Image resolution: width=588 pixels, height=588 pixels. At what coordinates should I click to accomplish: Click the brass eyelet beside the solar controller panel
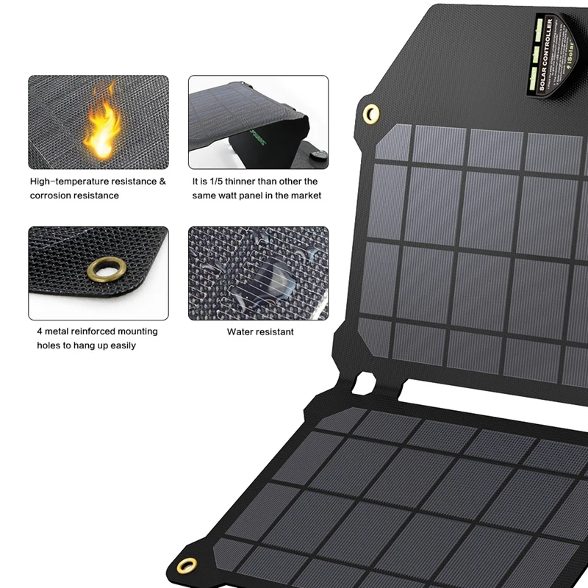[x=371, y=112]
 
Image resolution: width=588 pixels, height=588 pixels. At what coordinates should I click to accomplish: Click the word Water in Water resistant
[x=240, y=332]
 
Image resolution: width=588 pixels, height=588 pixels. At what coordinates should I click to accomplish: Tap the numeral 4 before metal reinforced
[x=40, y=331]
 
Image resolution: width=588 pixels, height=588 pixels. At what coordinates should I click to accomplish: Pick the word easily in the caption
[x=123, y=345]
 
